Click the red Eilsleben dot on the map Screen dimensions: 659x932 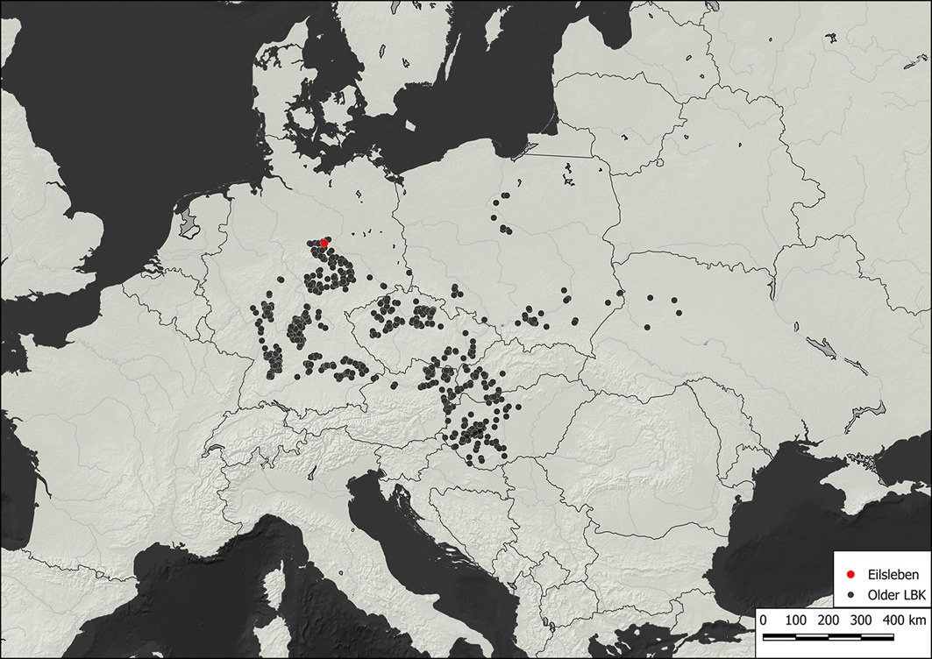pos(324,243)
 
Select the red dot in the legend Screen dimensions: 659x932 pos(850,574)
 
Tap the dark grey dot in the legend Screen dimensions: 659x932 pos(850,594)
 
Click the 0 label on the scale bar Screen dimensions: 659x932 pos(763,620)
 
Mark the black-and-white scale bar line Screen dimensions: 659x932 pos(815,635)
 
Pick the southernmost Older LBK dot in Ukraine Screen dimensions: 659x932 pos(646,327)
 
